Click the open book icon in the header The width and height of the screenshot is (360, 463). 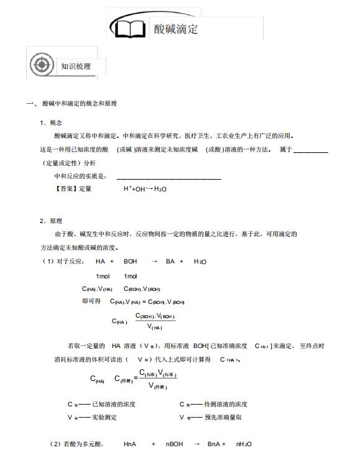(x=129, y=29)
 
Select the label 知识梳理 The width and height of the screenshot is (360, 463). (x=75, y=66)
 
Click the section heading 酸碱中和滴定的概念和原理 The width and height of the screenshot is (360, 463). (x=79, y=104)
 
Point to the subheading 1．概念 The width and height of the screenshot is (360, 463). (x=51, y=122)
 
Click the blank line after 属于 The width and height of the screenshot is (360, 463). (x=310, y=150)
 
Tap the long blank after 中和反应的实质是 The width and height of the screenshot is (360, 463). (x=168, y=176)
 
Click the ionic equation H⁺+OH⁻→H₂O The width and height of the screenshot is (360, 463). (x=145, y=189)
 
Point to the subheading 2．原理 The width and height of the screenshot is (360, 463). (x=51, y=221)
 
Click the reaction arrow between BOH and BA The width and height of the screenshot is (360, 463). (x=154, y=262)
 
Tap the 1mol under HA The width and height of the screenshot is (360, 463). (x=103, y=275)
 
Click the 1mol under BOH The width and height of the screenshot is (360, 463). (x=131, y=275)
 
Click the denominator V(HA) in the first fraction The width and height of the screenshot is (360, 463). (x=154, y=327)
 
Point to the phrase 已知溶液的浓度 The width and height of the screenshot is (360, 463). (x=113, y=405)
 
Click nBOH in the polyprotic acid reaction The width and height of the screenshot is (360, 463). (x=175, y=444)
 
